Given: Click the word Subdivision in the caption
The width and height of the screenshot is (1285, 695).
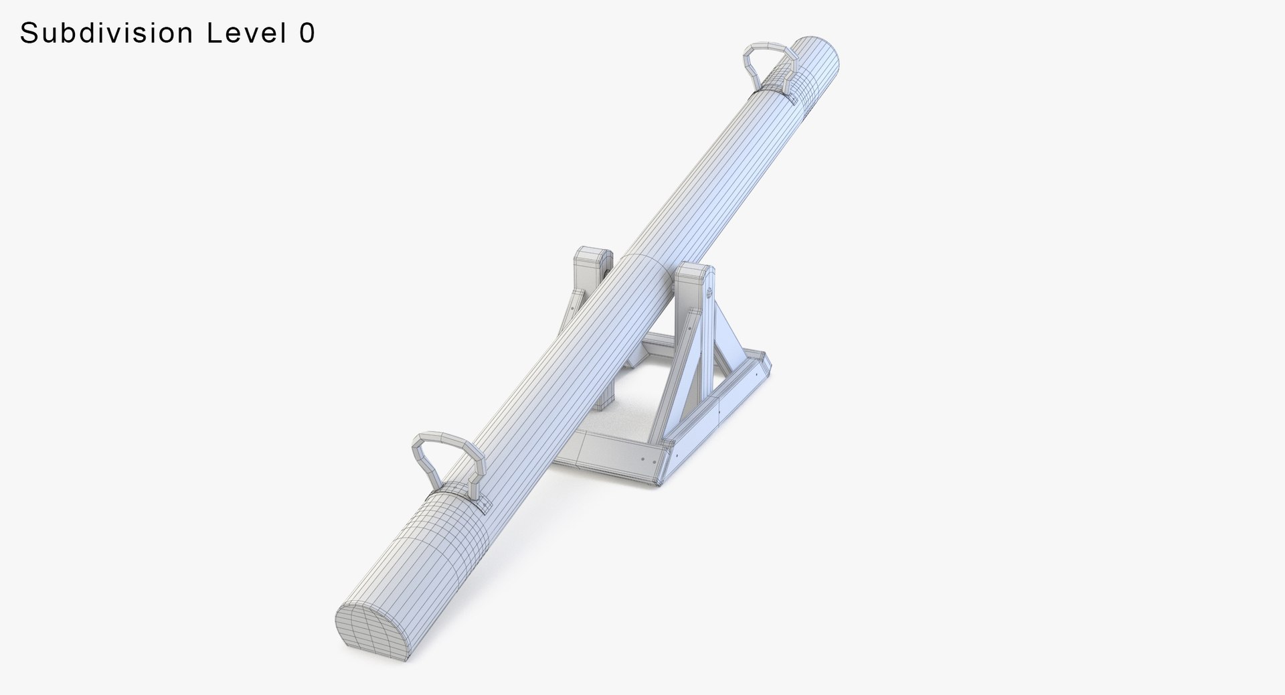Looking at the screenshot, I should coord(107,33).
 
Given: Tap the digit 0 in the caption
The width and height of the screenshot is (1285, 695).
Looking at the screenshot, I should coord(307,33).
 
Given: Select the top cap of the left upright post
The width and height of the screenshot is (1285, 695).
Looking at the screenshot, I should coord(594,256).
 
